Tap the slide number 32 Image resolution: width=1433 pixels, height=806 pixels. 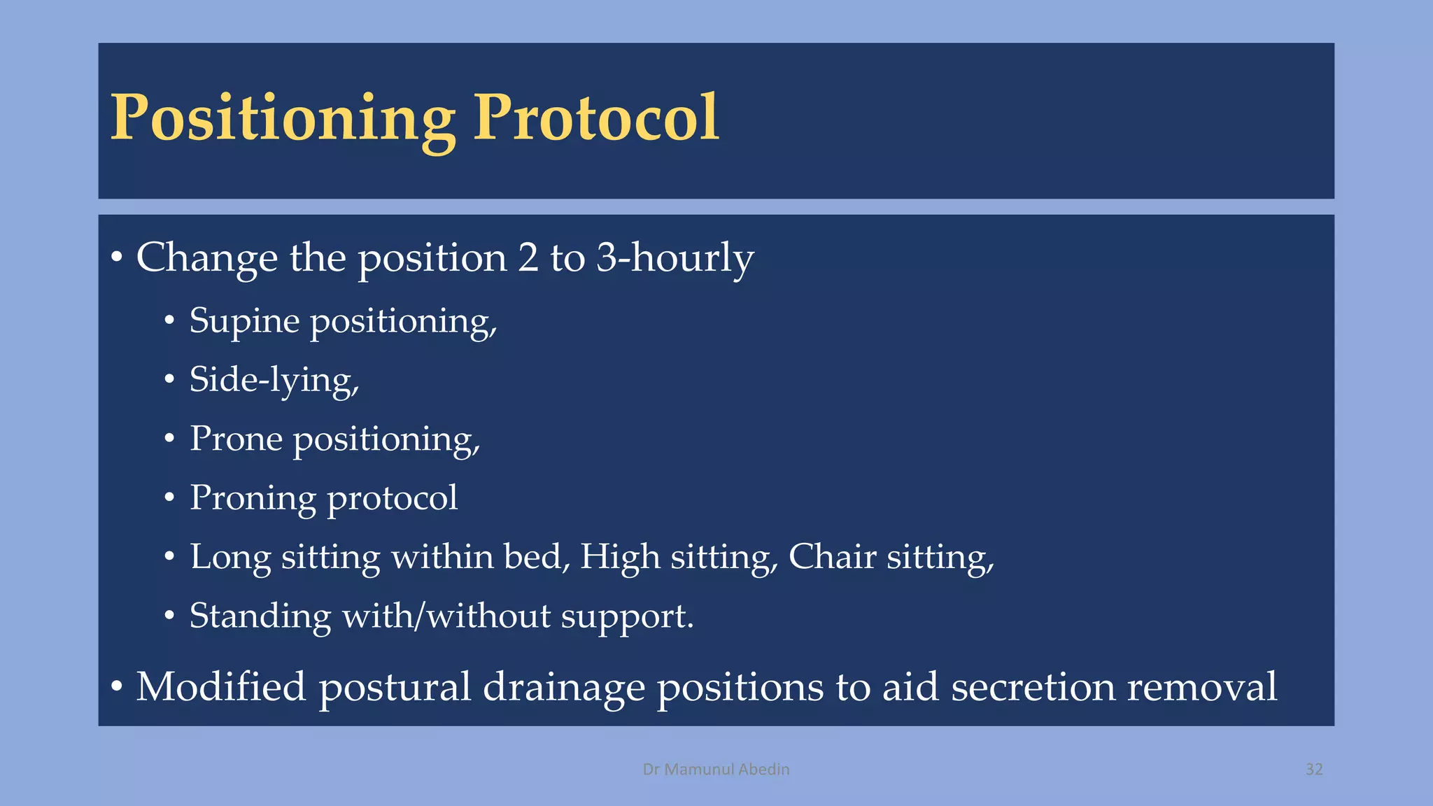point(1314,770)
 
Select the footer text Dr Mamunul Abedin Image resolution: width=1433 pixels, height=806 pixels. point(716,770)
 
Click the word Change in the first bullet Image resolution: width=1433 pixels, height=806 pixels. point(206,257)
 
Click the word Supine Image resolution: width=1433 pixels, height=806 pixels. point(244,322)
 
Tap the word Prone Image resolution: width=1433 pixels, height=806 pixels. point(236,439)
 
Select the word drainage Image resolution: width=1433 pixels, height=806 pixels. point(563,688)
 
